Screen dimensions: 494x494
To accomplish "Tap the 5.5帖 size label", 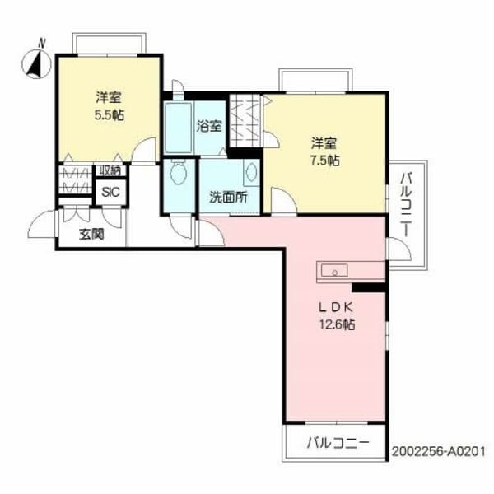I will click(x=109, y=114).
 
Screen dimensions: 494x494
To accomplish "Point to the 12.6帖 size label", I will click(x=338, y=324).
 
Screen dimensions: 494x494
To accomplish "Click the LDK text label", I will click(x=336, y=307).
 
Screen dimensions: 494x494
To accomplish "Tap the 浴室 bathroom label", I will click(x=208, y=127).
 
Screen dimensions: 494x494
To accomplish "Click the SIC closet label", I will click(x=108, y=192).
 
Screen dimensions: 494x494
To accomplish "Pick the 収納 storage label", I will click(x=110, y=171).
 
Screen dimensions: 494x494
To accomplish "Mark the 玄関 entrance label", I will click(x=91, y=235).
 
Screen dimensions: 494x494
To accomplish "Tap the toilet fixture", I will click(x=178, y=175).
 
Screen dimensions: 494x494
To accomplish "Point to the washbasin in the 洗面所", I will click(x=251, y=173).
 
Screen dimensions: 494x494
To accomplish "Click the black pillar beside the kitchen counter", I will click(x=368, y=287).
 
